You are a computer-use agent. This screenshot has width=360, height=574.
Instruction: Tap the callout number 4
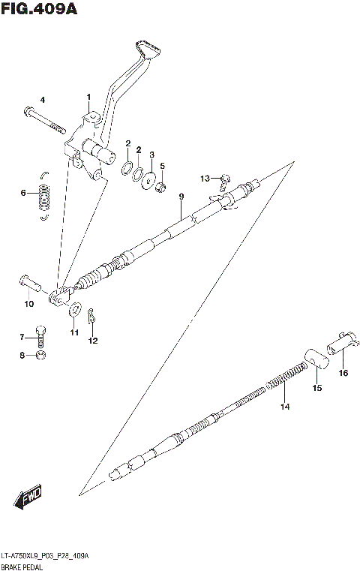42,100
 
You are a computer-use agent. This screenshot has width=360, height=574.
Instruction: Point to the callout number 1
88,98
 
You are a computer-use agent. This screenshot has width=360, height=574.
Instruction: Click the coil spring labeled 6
44,198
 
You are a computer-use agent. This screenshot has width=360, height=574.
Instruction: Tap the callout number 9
181,197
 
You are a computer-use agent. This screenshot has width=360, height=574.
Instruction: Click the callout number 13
205,178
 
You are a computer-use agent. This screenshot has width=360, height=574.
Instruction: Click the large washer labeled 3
150,179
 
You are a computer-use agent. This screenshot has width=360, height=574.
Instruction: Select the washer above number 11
74,309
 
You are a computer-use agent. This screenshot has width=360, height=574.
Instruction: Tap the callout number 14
284,407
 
